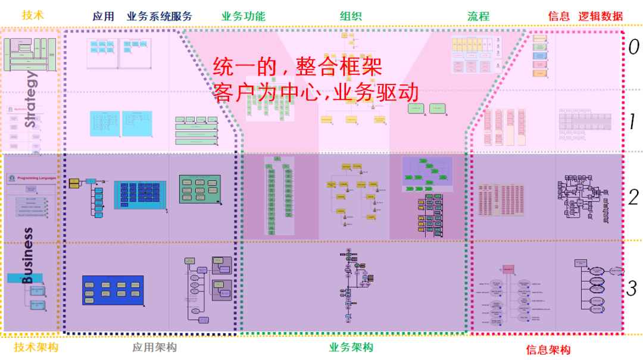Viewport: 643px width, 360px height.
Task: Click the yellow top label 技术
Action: [x=33, y=15]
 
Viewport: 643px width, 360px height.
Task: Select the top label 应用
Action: [x=104, y=17]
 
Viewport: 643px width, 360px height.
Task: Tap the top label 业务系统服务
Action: [x=160, y=17]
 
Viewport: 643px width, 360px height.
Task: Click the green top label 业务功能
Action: [x=244, y=17]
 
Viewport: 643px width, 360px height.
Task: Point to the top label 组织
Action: [x=351, y=17]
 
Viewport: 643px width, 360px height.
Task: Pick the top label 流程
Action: [x=478, y=17]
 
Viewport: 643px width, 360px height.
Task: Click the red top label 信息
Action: [x=559, y=17]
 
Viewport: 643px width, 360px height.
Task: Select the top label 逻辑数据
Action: [x=601, y=17]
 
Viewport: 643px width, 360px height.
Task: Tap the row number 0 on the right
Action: [x=633, y=47]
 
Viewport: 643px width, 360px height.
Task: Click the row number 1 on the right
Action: [x=633, y=122]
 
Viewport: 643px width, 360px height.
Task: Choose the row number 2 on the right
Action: [x=633, y=196]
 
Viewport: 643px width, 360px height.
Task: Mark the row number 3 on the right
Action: [x=632, y=289]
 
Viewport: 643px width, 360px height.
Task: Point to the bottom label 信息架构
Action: [x=548, y=350]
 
